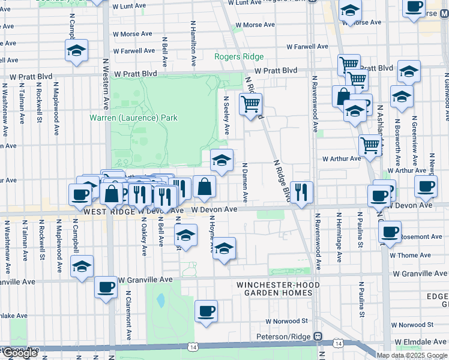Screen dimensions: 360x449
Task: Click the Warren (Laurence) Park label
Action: click(x=133, y=118)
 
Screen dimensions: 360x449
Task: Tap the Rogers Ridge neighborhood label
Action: click(x=239, y=57)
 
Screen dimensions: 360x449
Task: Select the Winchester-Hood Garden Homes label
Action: click(x=274, y=289)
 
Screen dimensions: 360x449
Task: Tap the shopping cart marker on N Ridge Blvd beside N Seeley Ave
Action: click(x=250, y=104)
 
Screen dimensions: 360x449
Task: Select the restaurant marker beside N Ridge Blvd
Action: click(x=301, y=191)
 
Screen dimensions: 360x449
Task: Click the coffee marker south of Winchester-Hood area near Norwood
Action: click(x=206, y=311)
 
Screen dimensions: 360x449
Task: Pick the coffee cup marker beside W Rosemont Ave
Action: click(x=390, y=232)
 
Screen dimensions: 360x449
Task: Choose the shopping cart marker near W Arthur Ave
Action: click(x=370, y=145)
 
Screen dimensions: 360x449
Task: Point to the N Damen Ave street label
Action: click(x=245, y=182)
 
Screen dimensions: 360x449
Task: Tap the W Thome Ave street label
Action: click(x=411, y=256)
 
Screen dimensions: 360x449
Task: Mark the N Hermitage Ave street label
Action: click(x=339, y=238)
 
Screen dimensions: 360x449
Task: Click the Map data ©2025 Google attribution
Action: click(x=411, y=355)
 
